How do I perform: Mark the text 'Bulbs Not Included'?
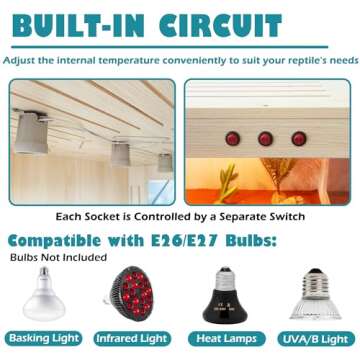pyautogui.click(x=58, y=257)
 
